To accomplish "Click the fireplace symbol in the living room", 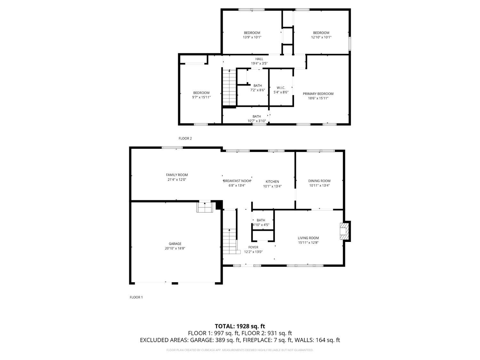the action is pyautogui.click(x=343, y=231).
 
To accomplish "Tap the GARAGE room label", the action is pyautogui.click(x=175, y=244).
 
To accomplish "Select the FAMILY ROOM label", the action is pyautogui.click(x=177, y=175).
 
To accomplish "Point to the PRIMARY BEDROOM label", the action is pyautogui.click(x=318, y=94).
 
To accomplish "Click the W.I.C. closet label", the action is pyautogui.click(x=281, y=88).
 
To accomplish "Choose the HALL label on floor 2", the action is pyautogui.click(x=259, y=59).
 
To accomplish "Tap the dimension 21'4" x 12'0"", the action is pyautogui.click(x=177, y=180).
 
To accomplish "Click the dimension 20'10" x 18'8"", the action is pyautogui.click(x=175, y=248).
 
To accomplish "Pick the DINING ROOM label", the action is pyautogui.click(x=319, y=181).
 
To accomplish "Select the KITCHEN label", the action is pyautogui.click(x=272, y=182).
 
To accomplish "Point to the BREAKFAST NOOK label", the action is pyautogui.click(x=237, y=181).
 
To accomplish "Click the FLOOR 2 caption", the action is pyautogui.click(x=185, y=138).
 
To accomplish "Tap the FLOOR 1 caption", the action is pyautogui.click(x=136, y=297).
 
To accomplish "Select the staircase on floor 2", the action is pyautogui.click(x=229, y=87).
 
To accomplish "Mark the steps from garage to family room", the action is pyautogui.click(x=205, y=206).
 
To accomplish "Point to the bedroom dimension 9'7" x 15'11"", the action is pyautogui.click(x=201, y=98).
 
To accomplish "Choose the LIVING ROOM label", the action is pyautogui.click(x=308, y=238).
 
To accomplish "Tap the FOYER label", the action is pyautogui.click(x=253, y=247).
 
